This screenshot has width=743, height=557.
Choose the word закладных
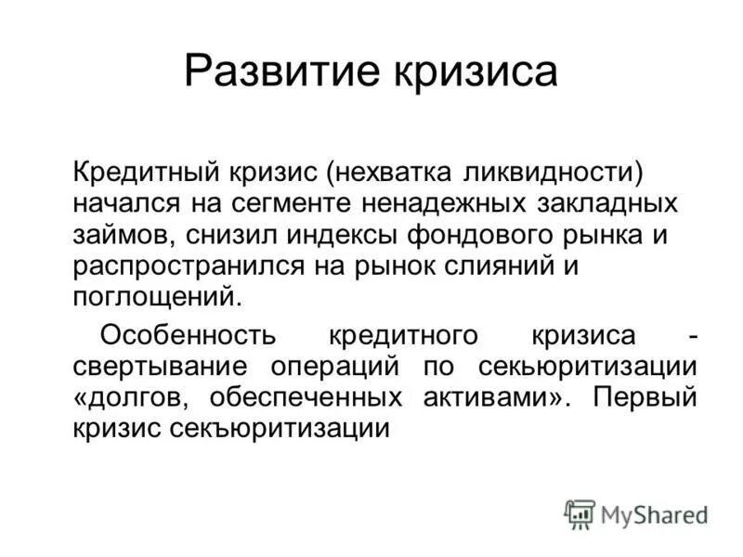click(x=599, y=202)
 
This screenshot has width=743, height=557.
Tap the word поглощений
click(x=156, y=297)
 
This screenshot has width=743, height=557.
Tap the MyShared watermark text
click(x=655, y=514)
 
